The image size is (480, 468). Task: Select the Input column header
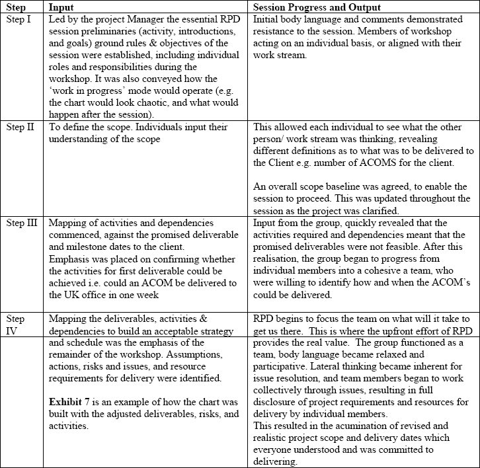63,7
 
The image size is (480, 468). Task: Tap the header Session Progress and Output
317,7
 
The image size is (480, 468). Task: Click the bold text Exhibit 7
72,401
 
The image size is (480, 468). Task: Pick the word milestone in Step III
71,247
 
